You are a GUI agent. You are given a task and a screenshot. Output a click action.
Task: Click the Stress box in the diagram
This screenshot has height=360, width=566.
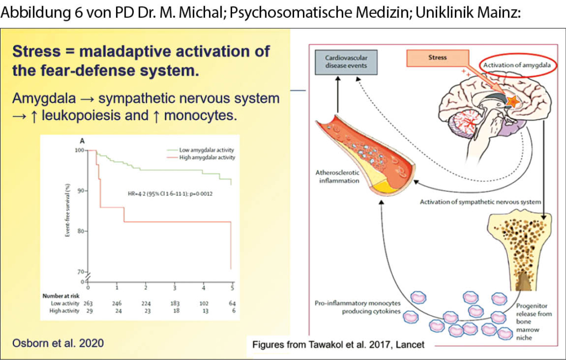click(437, 57)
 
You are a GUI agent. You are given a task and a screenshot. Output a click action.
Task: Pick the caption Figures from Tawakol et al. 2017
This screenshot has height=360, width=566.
click(338, 345)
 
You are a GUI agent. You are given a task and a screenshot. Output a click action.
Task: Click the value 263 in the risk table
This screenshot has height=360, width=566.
click(87, 303)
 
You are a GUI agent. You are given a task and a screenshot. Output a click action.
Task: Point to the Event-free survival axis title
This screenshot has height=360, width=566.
click(69, 210)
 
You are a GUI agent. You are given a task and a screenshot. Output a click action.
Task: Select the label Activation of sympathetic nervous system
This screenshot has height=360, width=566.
click(479, 201)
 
